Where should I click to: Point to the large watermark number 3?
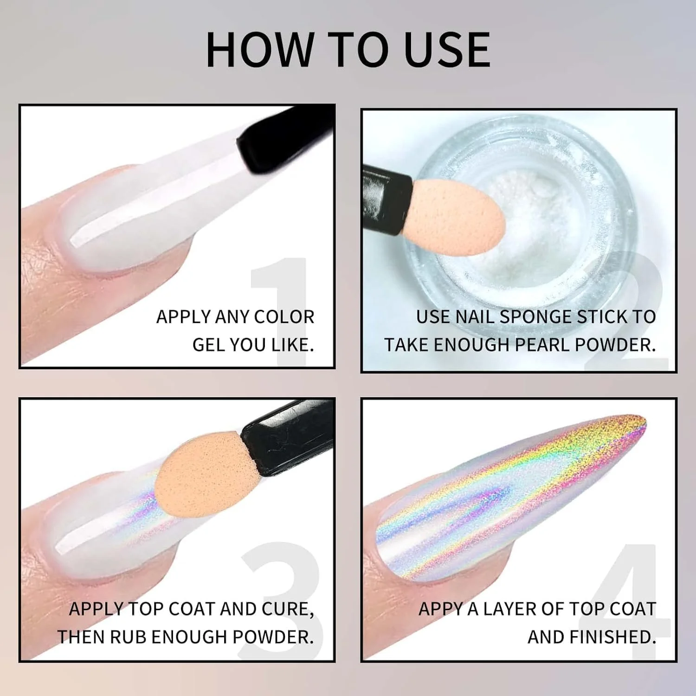(281, 601)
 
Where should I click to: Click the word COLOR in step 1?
(284, 317)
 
